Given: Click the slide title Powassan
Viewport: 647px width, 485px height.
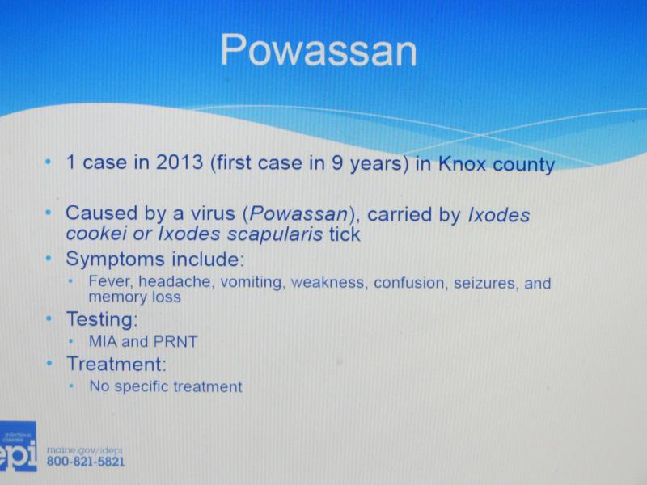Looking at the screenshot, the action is point(319,51).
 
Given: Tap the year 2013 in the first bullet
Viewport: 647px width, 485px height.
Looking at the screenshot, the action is point(180,162).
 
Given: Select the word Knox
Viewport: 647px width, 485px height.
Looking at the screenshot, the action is point(462,163).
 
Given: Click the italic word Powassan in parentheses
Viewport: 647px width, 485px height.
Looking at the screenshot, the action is point(298,213).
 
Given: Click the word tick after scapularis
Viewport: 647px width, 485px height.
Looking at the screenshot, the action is point(345,234).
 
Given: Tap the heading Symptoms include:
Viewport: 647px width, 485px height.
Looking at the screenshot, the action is point(155,259).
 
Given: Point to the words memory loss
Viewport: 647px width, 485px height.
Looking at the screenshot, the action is point(134,297).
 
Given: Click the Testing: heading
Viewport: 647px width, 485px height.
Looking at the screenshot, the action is point(102,319).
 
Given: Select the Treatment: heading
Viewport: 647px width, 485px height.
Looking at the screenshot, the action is point(116,365).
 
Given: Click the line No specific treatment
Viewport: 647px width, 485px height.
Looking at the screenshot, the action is point(166,387).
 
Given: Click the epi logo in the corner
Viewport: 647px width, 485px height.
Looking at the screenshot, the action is point(18,447).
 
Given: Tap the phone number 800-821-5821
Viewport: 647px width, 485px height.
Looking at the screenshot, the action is point(86,461).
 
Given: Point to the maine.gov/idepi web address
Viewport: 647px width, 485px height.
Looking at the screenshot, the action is point(85,451).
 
